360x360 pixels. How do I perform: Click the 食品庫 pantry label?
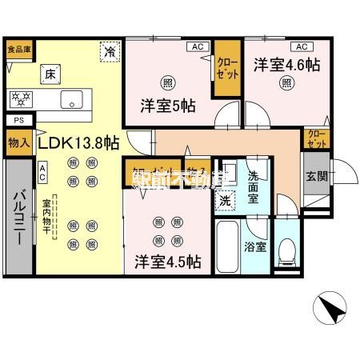tap(19, 48)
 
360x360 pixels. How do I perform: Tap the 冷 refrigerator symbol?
tap(108, 50)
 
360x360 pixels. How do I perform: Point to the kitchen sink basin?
tap(69, 100)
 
